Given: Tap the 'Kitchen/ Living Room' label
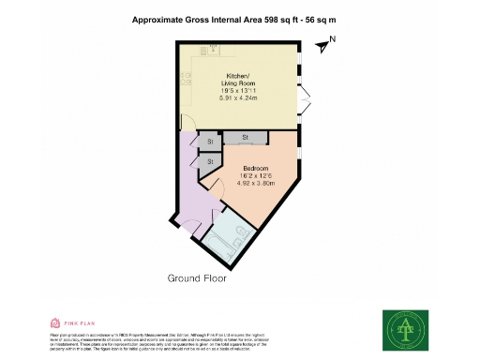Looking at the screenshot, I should [x=235, y=82].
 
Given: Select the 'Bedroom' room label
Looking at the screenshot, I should [x=243, y=170].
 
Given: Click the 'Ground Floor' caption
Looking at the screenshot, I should [x=199, y=278].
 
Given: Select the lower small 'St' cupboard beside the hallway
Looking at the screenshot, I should [x=209, y=162].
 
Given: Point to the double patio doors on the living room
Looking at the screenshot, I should [x=305, y=96].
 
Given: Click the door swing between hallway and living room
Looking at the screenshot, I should [x=186, y=125].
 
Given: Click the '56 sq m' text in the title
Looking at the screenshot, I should [x=321, y=20].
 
